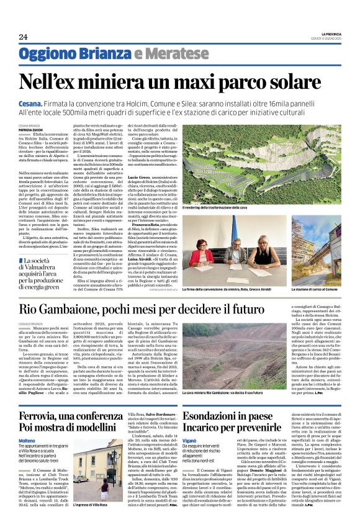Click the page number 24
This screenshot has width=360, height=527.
click(x=23, y=37)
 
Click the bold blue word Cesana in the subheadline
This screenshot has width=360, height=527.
click(x=30, y=102)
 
